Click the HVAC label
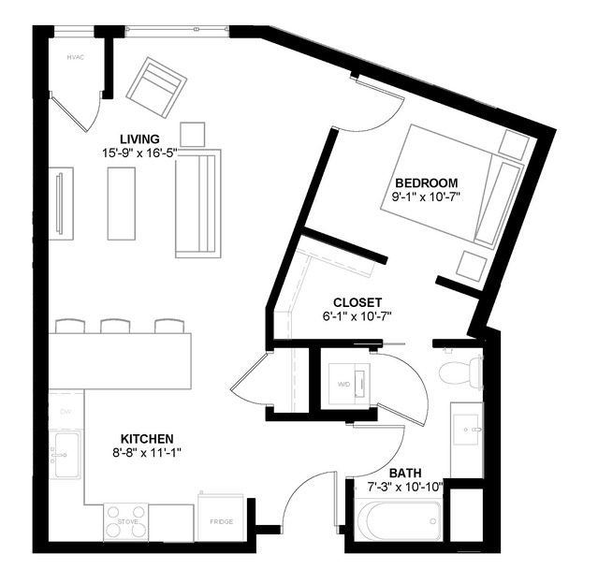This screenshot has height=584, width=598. click(x=76, y=58)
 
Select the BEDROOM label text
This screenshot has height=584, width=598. click(x=426, y=182)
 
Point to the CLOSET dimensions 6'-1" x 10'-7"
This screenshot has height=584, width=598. click(x=357, y=316)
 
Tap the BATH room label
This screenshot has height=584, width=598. click(x=405, y=473)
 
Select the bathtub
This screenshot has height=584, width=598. click(x=397, y=520)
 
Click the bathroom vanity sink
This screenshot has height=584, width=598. click(x=465, y=431)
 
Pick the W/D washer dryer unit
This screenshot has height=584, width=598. click(x=347, y=383)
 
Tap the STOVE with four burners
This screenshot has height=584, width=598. click(x=126, y=522)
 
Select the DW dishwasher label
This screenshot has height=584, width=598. click(x=66, y=411)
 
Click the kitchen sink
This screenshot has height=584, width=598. click(x=66, y=455)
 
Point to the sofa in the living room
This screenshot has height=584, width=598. click(x=197, y=203)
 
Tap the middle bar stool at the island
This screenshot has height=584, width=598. click(x=115, y=326)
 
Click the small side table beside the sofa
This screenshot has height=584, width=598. click(x=193, y=134)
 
